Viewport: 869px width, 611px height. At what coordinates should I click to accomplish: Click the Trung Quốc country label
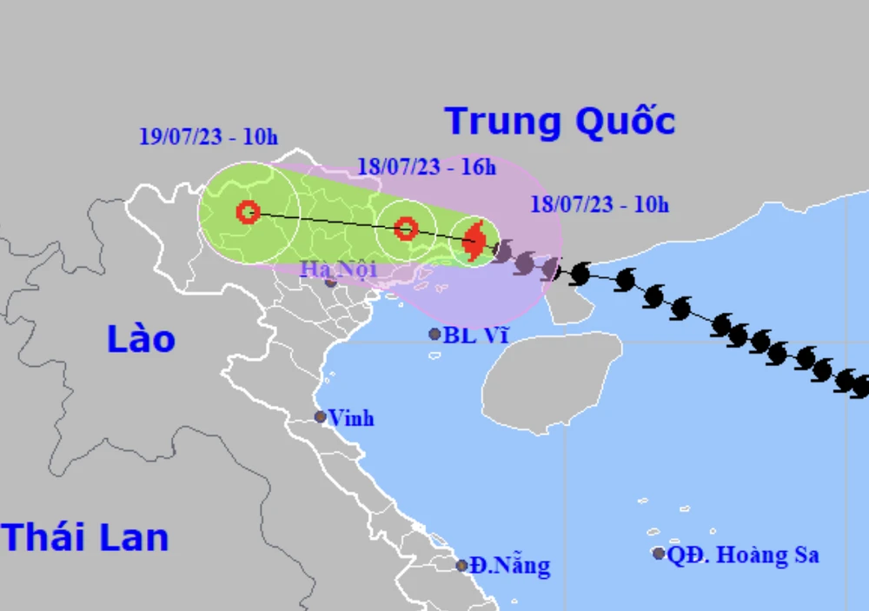coord(560,122)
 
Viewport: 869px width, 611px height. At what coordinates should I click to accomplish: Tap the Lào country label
coord(141,339)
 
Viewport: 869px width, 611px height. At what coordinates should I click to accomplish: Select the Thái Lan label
coord(84,538)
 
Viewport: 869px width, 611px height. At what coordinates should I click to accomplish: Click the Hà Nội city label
coord(338,268)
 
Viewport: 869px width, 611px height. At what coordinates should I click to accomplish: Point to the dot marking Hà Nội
coord(331,282)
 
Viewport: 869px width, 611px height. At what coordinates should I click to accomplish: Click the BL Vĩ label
coord(475,335)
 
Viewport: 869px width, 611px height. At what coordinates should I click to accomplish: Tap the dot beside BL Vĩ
coord(434,334)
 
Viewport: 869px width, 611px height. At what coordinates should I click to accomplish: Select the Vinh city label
coord(351,418)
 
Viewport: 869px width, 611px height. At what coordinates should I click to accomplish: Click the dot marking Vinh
coord(320,417)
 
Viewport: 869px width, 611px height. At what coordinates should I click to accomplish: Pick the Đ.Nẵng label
coord(510,567)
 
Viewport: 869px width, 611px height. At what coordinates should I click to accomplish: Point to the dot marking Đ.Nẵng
coord(462,566)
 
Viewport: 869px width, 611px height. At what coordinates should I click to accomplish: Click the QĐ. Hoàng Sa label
coord(743,555)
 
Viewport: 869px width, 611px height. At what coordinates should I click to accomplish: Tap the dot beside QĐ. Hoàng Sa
coord(659,554)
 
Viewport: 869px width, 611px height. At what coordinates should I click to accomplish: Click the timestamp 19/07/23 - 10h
coord(208,136)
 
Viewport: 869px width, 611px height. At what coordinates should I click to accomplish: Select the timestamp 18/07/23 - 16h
coord(426,166)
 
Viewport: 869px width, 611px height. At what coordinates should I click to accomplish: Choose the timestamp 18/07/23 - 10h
coord(600,205)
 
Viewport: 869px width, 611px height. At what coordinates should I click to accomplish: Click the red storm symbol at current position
coord(474,241)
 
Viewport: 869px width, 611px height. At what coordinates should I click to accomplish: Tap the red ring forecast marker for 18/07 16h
coord(405,229)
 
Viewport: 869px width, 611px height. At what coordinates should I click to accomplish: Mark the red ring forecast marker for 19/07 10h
coord(248,211)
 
